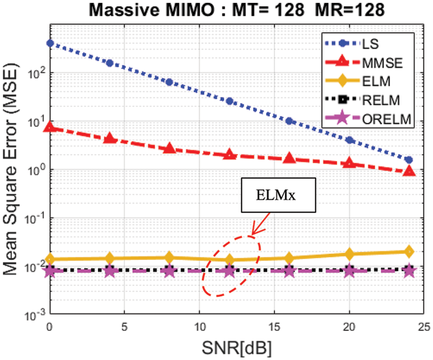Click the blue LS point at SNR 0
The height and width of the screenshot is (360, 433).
[50, 43]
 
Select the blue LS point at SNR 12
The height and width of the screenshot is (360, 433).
[230, 101]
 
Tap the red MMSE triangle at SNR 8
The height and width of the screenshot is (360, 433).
[170, 148]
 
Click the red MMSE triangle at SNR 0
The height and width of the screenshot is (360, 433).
[50, 126]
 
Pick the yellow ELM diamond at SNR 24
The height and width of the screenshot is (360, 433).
[409, 251]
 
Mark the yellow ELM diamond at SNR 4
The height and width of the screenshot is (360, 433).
[110, 258]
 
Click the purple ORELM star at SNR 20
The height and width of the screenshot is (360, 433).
[349, 271]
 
